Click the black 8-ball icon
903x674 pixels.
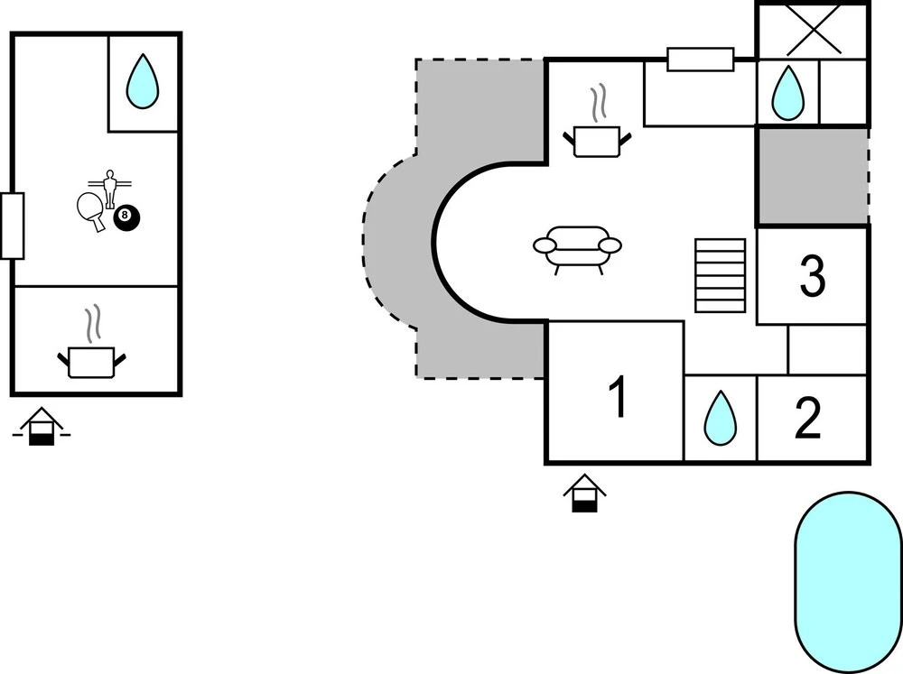[126, 218]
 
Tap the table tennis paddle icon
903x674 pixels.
[91, 210]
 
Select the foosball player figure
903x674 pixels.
[109, 188]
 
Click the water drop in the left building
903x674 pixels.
[142, 81]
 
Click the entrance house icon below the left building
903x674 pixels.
[42, 427]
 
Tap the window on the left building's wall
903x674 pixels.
[12, 226]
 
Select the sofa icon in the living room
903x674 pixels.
[578, 250]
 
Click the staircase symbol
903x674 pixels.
[721, 275]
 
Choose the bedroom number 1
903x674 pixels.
[618, 397]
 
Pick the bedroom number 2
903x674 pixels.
[807, 418]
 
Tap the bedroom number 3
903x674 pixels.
[812, 276]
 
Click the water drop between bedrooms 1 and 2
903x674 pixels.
[721, 419]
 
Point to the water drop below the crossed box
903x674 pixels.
[787, 93]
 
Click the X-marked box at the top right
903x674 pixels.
[814, 32]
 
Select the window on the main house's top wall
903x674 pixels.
[701, 60]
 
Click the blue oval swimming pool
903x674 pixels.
[848, 582]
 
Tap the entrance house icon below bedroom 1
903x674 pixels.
[584, 494]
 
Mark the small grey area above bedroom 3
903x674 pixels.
[813, 176]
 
